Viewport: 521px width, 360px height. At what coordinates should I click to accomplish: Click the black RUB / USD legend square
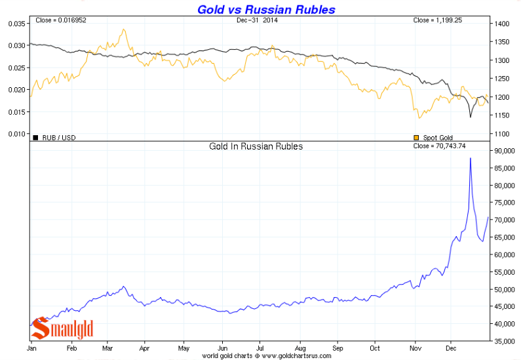coord(35,137)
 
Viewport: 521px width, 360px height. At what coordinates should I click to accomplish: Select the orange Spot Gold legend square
coord(416,137)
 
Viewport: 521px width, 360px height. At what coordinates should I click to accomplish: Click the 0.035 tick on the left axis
coord(16,24)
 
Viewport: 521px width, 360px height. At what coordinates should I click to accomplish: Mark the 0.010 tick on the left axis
coord(16,134)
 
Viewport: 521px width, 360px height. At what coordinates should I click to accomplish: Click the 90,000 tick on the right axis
coord(504,151)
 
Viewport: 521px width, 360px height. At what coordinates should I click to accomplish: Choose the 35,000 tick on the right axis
coord(504,341)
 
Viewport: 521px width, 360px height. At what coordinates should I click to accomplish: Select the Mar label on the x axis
coord(107,348)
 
